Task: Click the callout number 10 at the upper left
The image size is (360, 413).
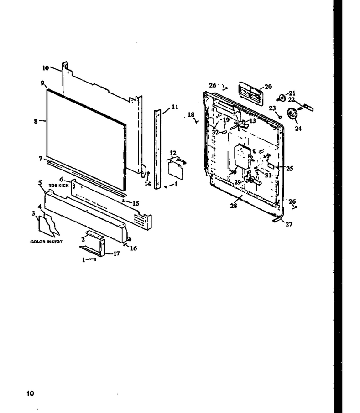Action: coord(46,68)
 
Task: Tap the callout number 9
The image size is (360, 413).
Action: coord(42,83)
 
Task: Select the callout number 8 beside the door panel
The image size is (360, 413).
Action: coord(36,121)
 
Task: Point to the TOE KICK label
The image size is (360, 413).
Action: coord(58,186)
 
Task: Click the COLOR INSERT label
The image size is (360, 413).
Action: coord(47,242)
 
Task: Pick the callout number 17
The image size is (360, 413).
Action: coord(116,253)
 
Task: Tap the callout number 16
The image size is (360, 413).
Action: coord(134,248)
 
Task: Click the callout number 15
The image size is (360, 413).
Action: coord(136,203)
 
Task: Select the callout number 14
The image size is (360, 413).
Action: coord(147,184)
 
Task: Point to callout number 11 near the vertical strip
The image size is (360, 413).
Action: coord(175,107)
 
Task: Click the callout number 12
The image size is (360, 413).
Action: coord(173,153)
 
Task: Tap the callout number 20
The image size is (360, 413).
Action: coord(268,87)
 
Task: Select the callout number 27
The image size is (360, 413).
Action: coord(289,224)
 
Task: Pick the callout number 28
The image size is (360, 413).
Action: coord(234,206)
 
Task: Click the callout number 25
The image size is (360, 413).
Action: coord(290,168)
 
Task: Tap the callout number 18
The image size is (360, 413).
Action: coord(191,114)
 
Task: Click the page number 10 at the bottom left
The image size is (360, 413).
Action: coord(30,393)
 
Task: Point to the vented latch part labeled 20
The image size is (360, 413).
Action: coord(251,93)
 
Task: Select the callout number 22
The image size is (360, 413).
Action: coord(291,99)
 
